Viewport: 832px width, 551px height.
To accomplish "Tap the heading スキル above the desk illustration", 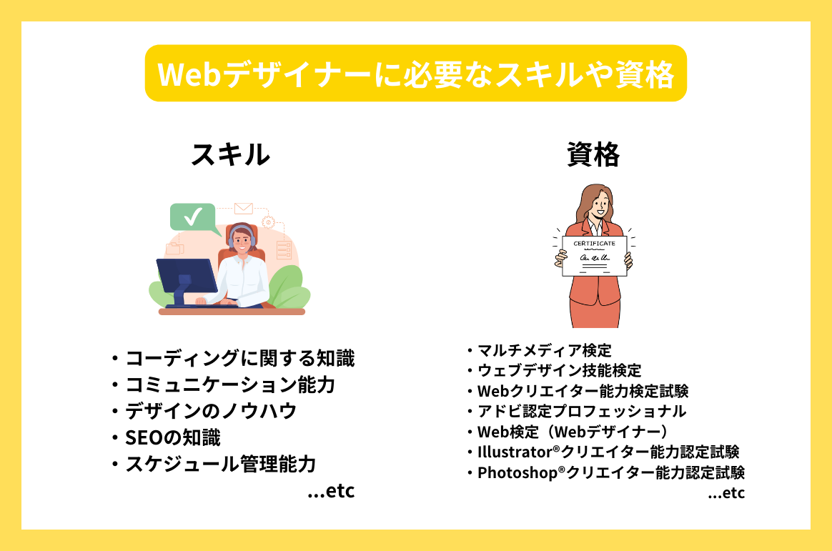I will pyautogui.click(x=230, y=154).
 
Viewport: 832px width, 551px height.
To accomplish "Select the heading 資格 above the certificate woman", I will pyautogui.click(x=593, y=154).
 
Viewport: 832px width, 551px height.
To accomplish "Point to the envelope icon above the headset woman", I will pyautogui.click(x=244, y=208).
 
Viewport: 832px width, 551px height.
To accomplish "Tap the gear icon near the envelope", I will pyautogui.click(x=269, y=222).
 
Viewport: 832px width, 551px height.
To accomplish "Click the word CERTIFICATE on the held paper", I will pyautogui.click(x=594, y=244).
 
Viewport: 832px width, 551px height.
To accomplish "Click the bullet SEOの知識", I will pyautogui.click(x=172, y=437).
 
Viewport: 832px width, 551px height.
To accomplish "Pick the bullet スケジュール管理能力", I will pyautogui.click(x=220, y=464).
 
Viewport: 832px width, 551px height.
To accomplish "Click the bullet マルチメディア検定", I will pyautogui.click(x=544, y=350).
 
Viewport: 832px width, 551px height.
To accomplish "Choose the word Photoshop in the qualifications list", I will pyautogui.click(x=517, y=473).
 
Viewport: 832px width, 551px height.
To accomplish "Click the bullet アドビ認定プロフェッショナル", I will pyautogui.click(x=581, y=411).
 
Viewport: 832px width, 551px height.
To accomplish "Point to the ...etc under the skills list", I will pyautogui.click(x=330, y=492).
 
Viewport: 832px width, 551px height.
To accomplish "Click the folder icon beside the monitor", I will pyautogui.click(x=174, y=249).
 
